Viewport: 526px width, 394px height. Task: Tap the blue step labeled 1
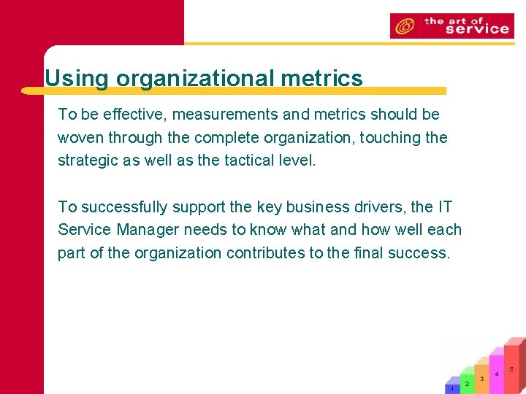click(x=453, y=389)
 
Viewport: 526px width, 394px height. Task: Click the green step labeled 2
click(x=467, y=384)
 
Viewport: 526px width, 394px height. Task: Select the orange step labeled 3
click(x=481, y=379)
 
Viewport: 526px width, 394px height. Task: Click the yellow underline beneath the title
click(x=234, y=91)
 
